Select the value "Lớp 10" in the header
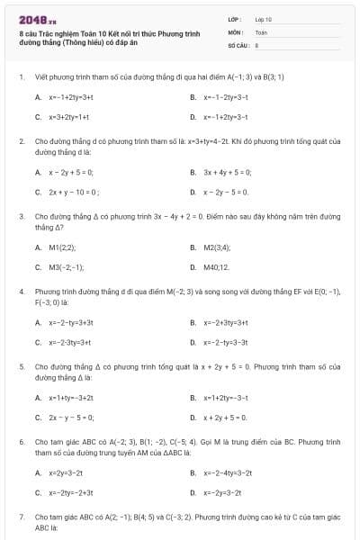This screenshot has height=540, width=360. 264,19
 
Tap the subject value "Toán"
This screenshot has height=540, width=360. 261,31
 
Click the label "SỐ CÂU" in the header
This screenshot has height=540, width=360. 238,43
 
